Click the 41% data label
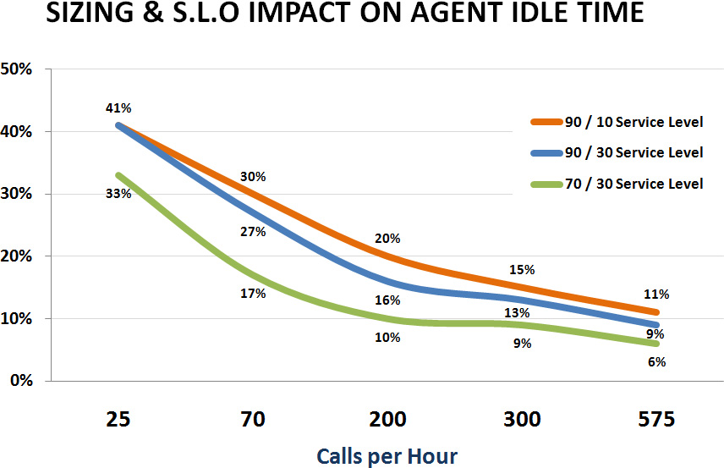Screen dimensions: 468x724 [x=118, y=108]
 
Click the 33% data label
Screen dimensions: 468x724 [x=118, y=193]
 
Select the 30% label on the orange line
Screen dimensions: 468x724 [x=253, y=177]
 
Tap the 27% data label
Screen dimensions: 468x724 [x=253, y=232]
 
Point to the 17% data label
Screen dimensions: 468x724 [x=253, y=294]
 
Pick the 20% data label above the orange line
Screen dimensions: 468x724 [x=387, y=238]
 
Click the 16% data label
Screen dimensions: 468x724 [x=387, y=300]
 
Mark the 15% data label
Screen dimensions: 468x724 [x=522, y=270]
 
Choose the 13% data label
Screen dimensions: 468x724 [x=513, y=313]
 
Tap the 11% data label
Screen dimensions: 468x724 [x=656, y=295]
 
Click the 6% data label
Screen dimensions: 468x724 [x=656, y=362]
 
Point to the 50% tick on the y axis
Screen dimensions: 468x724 [x=17, y=69]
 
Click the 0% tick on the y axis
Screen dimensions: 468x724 [x=20, y=381]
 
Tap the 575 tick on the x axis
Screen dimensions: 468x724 [x=656, y=419]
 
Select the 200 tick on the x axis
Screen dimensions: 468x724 [x=387, y=419]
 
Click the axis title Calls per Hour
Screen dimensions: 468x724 [x=387, y=456]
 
